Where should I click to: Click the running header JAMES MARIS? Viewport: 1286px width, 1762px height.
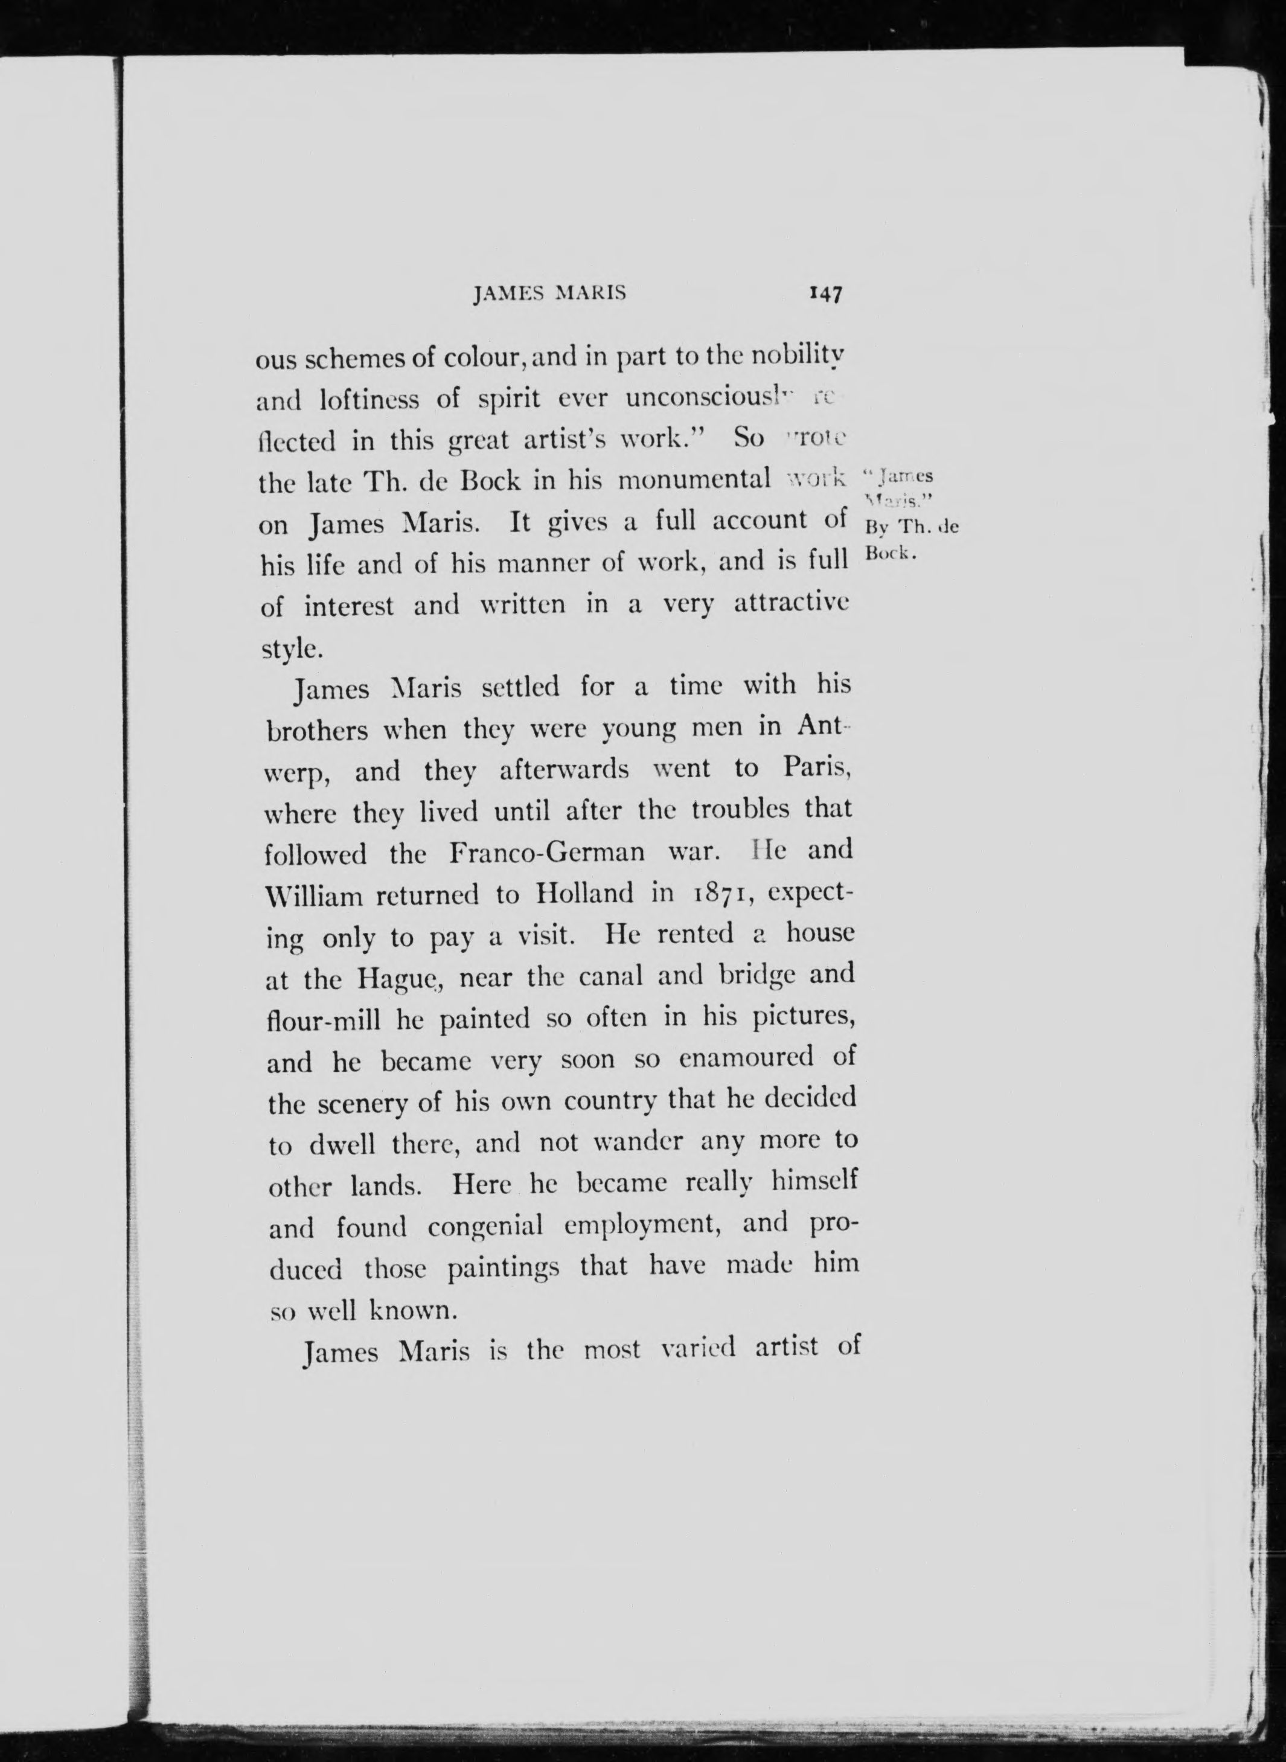[549, 293]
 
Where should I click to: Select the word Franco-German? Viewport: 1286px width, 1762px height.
[547, 852]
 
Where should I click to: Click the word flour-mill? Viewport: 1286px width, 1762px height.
[323, 1020]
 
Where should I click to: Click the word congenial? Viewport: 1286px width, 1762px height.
[484, 1227]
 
